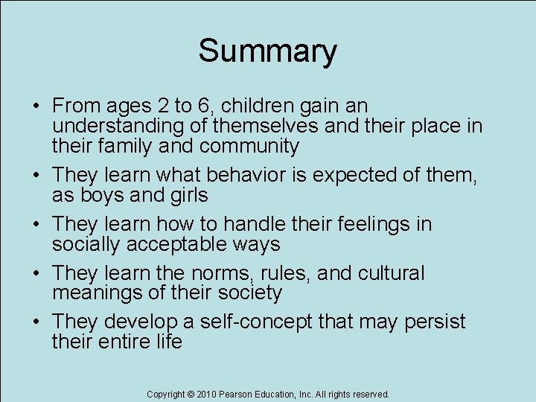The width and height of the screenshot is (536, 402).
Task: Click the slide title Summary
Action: [x=267, y=51]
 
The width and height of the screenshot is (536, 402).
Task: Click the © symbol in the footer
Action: [x=191, y=394]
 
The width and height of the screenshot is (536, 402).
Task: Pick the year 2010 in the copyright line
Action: [x=206, y=394]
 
